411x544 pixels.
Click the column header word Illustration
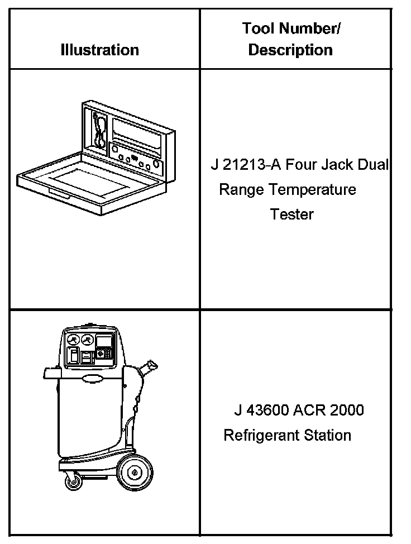[99, 50]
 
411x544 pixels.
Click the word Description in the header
[290, 50]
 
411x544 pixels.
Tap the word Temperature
[312, 190]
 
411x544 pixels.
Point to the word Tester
[291, 214]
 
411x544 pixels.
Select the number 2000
[347, 411]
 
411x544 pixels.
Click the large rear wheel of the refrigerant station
[133, 473]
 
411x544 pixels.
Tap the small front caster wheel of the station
[71, 480]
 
